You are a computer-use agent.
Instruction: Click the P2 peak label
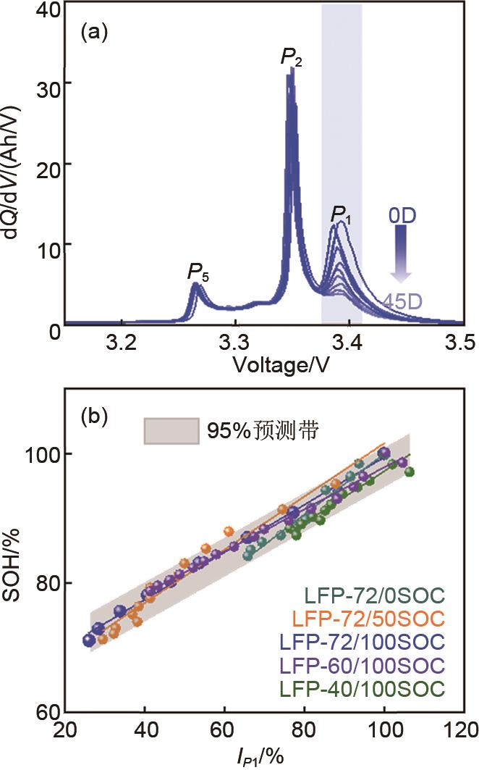click(x=291, y=57)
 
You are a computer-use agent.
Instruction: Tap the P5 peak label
click(x=198, y=272)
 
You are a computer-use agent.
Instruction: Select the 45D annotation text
click(x=403, y=299)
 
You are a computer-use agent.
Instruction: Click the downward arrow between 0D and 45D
click(x=401, y=254)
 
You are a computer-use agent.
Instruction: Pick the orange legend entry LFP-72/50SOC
click(x=368, y=619)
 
